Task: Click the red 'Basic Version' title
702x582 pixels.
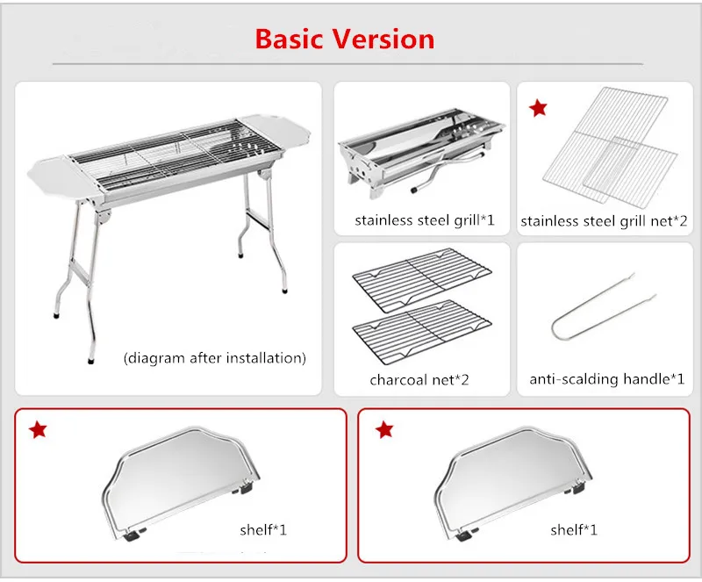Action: (x=345, y=39)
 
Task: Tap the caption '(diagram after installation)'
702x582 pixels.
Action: (x=215, y=358)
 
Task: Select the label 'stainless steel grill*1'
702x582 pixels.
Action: (x=425, y=220)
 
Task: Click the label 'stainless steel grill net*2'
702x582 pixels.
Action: (x=604, y=221)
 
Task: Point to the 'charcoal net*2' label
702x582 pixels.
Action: (x=419, y=380)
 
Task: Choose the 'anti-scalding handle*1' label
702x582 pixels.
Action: (x=607, y=379)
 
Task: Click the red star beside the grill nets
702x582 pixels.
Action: (x=538, y=108)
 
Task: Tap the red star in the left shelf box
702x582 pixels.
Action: (x=38, y=429)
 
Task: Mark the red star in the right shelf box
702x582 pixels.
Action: (x=384, y=429)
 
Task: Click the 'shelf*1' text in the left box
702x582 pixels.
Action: (x=263, y=530)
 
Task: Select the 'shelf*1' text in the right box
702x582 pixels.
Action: (x=574, y=530)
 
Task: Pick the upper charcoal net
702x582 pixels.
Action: (x=422, y=279)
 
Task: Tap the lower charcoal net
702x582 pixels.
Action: (x=422, y=331)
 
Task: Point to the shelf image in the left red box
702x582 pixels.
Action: (x=182, y=483)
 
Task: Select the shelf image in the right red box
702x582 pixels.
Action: (x=513, y=483)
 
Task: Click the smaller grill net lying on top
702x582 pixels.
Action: (x=631, y=173)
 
